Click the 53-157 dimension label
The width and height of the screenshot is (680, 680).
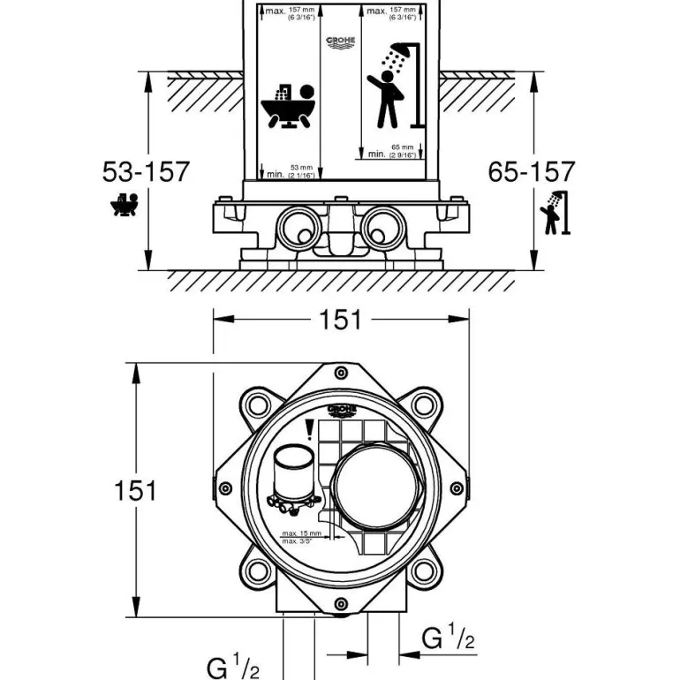(x=146, y=171)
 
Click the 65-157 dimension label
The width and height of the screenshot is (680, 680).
(x=532, y=171)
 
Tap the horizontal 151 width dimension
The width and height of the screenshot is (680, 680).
(x=341, y=320)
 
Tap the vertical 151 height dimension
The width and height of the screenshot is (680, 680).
(x=134, y=490)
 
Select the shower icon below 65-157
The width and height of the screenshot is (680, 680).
(x=554, y=213)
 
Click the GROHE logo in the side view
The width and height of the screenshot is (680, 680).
(x=342, y=42)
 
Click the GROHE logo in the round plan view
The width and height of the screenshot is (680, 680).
(x=341, y=411)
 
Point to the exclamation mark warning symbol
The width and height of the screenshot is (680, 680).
(x=309, y=431)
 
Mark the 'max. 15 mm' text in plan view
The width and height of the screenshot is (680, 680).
(x=299, y=534)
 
